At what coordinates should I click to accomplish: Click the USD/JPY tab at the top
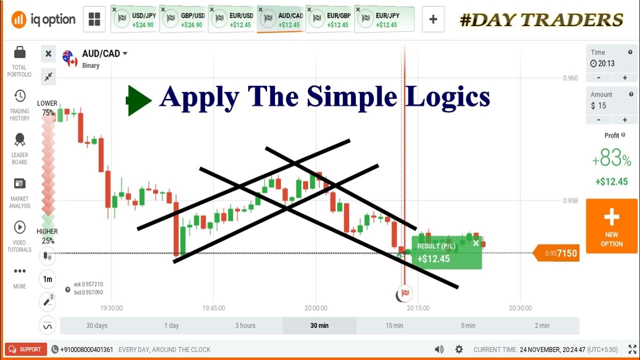click(134, 19)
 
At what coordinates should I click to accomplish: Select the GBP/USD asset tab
click(183, 19)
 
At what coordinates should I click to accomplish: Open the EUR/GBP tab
click(330, 19)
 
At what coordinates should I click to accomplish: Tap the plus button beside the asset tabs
click(433, 19)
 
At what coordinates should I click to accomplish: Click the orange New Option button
click(611, 226)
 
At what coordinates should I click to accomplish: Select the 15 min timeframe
click(394, 325)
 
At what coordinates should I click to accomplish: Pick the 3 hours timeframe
click(245, 325)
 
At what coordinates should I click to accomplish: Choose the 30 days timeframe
click(97, 325)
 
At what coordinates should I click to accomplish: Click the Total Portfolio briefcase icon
click(19, 52)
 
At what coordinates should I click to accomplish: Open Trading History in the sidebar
click(19, 96)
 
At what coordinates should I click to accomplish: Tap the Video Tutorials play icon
click(19, 227)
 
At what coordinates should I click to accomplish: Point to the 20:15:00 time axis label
click(418, 308)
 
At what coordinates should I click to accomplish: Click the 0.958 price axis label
click(570, 201)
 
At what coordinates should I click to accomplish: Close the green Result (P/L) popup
click(475, 243)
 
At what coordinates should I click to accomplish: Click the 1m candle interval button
click(47, 279)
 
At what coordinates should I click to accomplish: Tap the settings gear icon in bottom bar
click(459, 349)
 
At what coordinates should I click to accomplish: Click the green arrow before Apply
click(138, 100)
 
